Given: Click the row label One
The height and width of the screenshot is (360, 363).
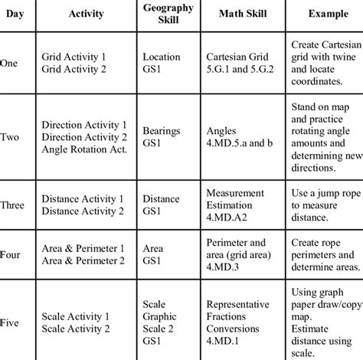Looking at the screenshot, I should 11,64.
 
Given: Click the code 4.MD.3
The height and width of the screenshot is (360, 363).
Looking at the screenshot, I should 224,269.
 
